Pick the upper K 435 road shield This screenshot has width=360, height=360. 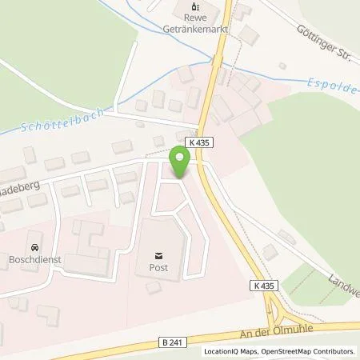[200, 142]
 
